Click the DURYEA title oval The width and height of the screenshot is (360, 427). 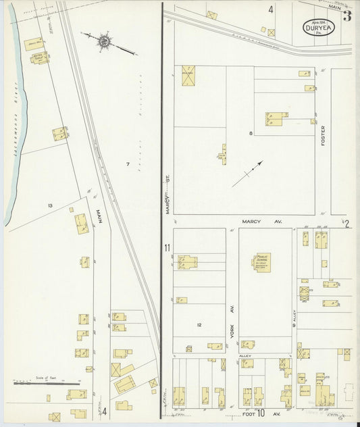pos(317,28)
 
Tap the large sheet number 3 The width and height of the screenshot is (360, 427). pos(346,16)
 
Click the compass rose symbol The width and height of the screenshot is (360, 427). pos(105,42)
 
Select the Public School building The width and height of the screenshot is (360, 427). pos(263,262)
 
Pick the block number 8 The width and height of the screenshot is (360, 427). pos(251,133)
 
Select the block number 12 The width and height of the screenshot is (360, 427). pos(199,325)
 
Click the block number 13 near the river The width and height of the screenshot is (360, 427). pos(50,205)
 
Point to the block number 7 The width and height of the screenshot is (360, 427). pos(127,164)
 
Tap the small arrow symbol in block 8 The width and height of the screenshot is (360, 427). pos(248,174)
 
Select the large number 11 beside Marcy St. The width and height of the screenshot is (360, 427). pos(167,248)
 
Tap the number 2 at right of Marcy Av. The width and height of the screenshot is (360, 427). pos(346,224)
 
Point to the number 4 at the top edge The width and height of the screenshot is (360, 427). pos(270,10)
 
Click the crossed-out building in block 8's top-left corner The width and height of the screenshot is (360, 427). pos(186,75)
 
